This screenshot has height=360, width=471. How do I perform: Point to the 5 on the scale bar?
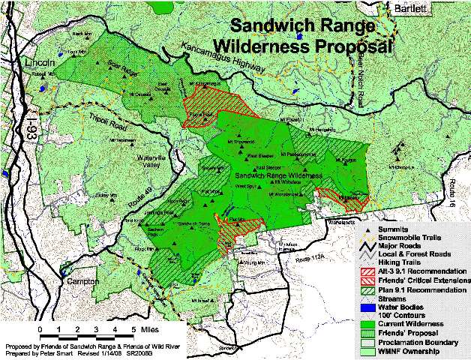pyautogui.click(x=133, y=329)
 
